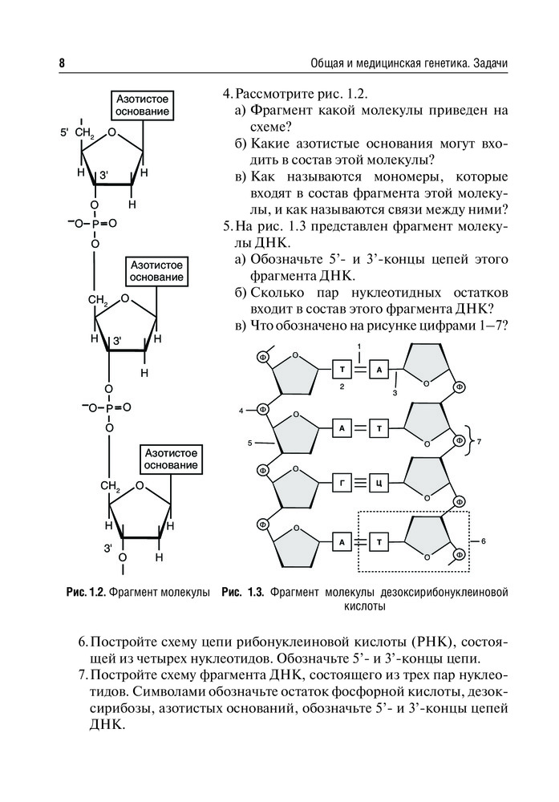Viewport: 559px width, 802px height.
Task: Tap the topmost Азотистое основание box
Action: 140,104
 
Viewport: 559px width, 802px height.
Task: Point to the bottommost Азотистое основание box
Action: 171,459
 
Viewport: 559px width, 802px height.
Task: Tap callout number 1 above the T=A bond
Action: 361,346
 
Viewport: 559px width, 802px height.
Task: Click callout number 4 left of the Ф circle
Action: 241,411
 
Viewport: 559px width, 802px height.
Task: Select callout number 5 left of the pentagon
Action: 250,442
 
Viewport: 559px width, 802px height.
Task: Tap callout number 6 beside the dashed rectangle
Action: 484,541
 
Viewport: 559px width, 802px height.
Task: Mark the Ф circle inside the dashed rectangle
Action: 460,554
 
